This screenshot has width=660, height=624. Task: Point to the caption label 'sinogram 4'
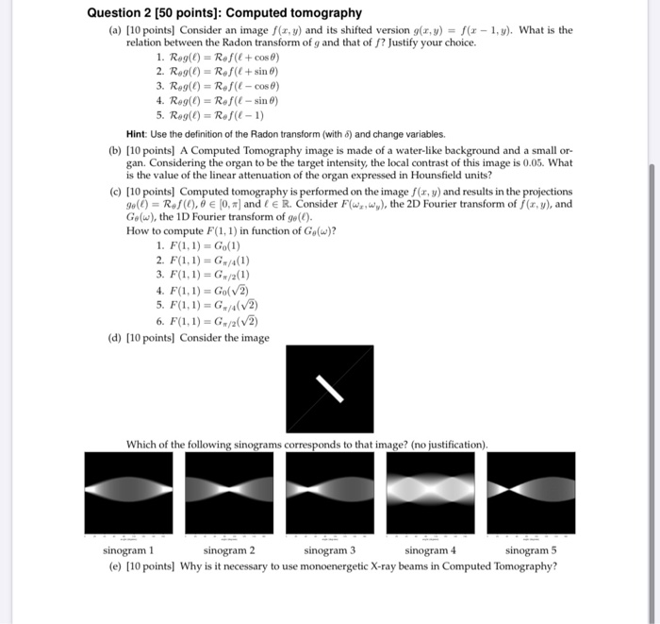[430, 550]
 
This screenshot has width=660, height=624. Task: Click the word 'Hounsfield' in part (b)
[441, 175]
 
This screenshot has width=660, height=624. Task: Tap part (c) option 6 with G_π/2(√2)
[213, 320]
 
